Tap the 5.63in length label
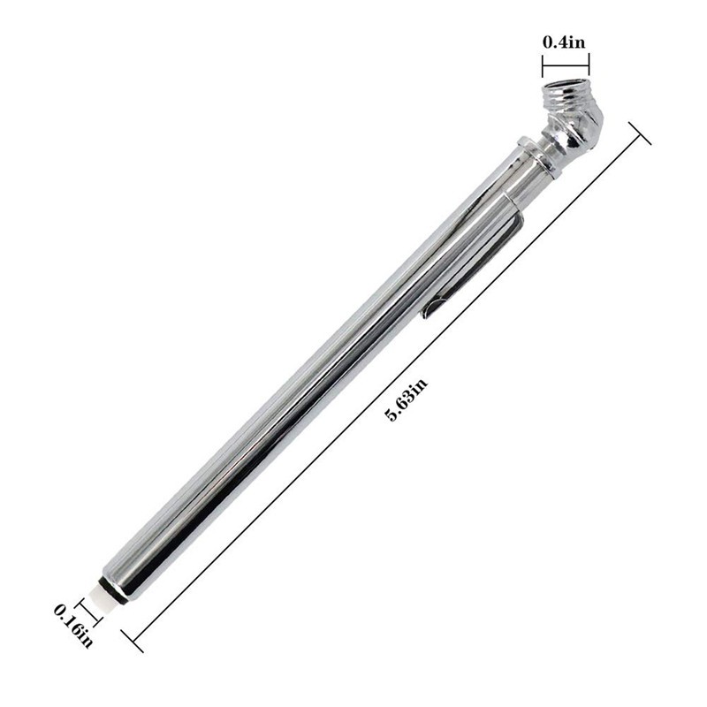(407, 400)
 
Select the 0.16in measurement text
(73, 622)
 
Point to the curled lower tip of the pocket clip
(428, 311)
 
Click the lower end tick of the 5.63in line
(132, 639)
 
